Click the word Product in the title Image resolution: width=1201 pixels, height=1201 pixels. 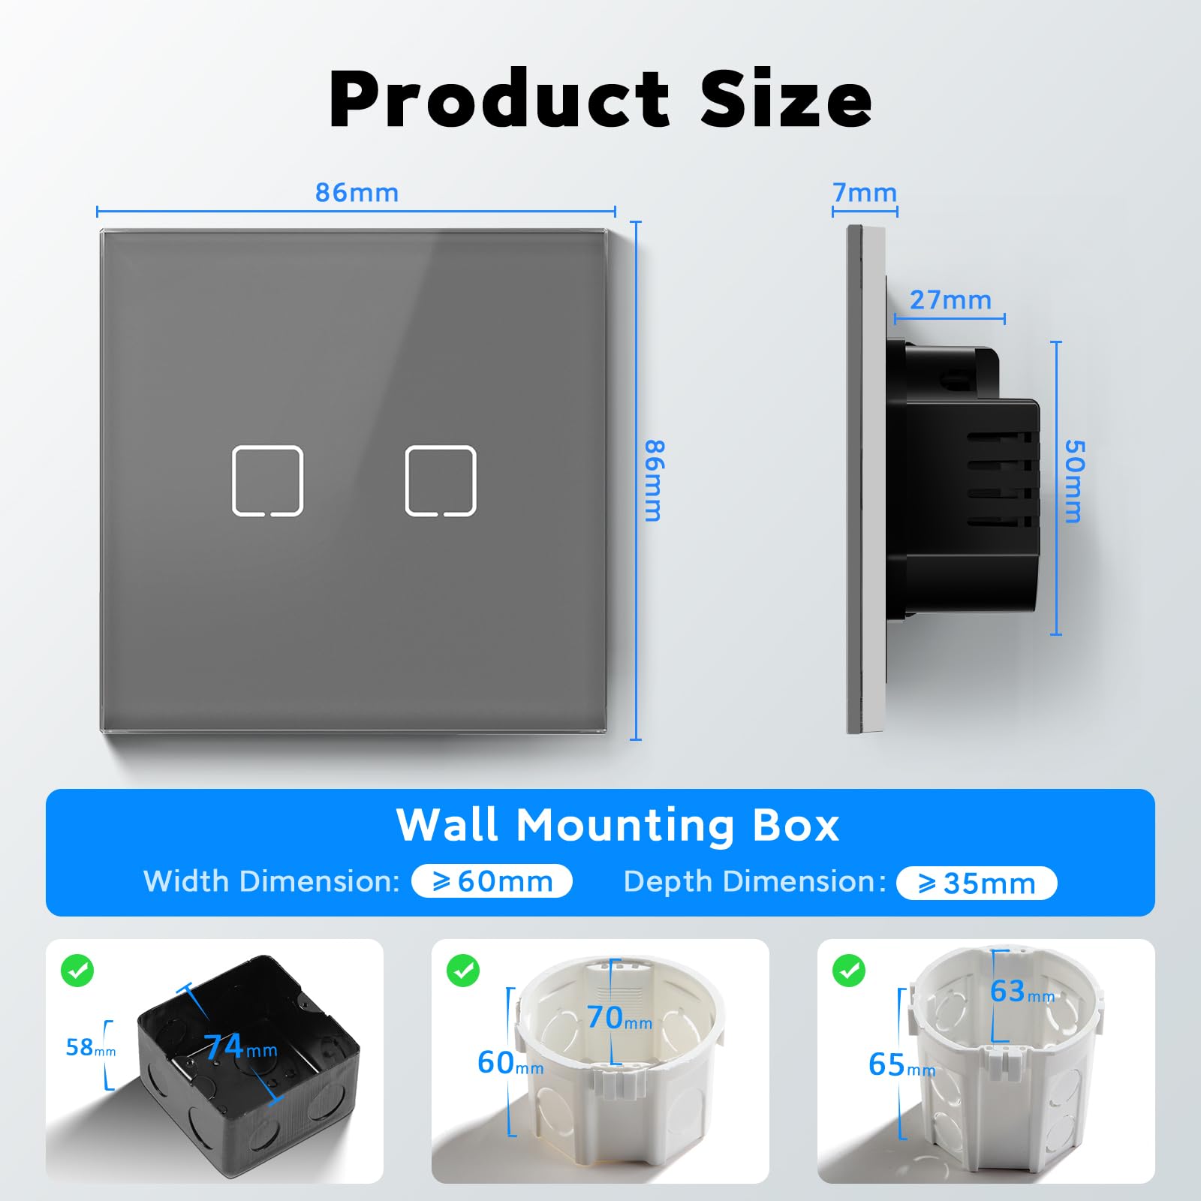tap(498, 98)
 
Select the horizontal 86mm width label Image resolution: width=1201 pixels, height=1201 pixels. tap(357, 193)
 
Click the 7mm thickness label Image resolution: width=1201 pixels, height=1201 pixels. tap(865, 193)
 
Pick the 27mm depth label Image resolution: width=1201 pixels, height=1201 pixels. tap(950, 300)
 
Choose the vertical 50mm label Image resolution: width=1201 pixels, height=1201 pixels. tap(1075, 481)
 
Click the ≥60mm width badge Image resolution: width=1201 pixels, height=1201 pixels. tap(492, 881)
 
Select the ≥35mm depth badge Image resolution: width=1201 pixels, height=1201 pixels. tap(977, 883)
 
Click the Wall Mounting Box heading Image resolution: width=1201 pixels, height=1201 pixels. tap(617, 826)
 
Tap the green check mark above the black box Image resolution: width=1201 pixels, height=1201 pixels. tap(77, 971)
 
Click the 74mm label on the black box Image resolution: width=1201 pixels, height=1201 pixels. tap(240, 1046)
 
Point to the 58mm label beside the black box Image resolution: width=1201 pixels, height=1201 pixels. tap(90, 1047)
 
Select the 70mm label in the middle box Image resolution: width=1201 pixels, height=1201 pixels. tap(619, 1018)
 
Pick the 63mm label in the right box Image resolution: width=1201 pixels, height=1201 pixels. tap(1022, 992)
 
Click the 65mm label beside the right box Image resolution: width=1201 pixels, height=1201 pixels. tap(902, 1064)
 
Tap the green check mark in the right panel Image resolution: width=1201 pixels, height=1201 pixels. tap(849, 971)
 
